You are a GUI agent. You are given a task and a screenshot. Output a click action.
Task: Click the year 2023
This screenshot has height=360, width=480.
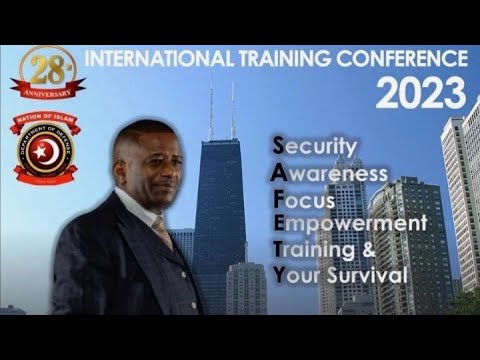(x=420, y=94)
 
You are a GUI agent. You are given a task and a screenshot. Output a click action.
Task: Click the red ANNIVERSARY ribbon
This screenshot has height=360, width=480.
(x=47, y=90)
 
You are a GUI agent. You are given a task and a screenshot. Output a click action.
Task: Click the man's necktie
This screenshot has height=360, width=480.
(x=162, y=231)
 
